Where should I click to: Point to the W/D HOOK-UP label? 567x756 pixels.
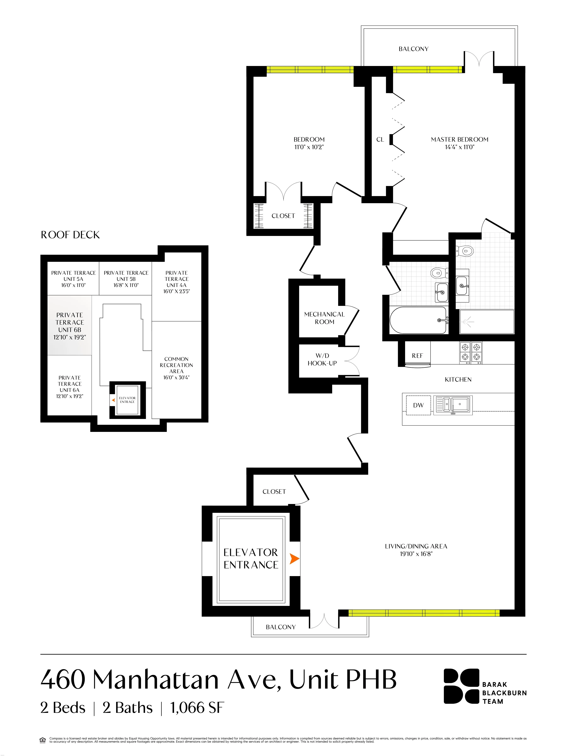click(x=322, y=360)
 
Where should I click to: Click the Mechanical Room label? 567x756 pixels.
click(x=324, y=318)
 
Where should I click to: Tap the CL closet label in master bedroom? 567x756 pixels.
click(x=380, y=139)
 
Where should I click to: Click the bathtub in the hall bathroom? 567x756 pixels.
click(x=418, y=320)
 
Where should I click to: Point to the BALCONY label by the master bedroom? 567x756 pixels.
click(x=413, y=49)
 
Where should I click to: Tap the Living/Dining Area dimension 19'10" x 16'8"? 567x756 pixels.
click(x=416, y=554)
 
